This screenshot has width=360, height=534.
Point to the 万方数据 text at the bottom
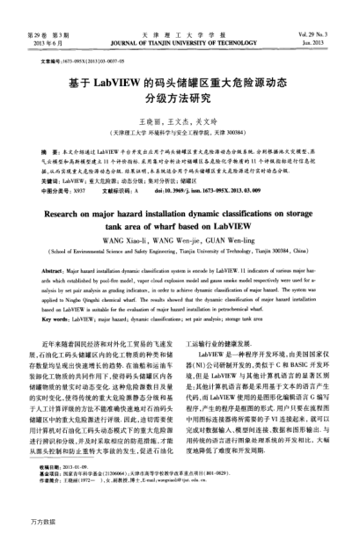tap(24, 523)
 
